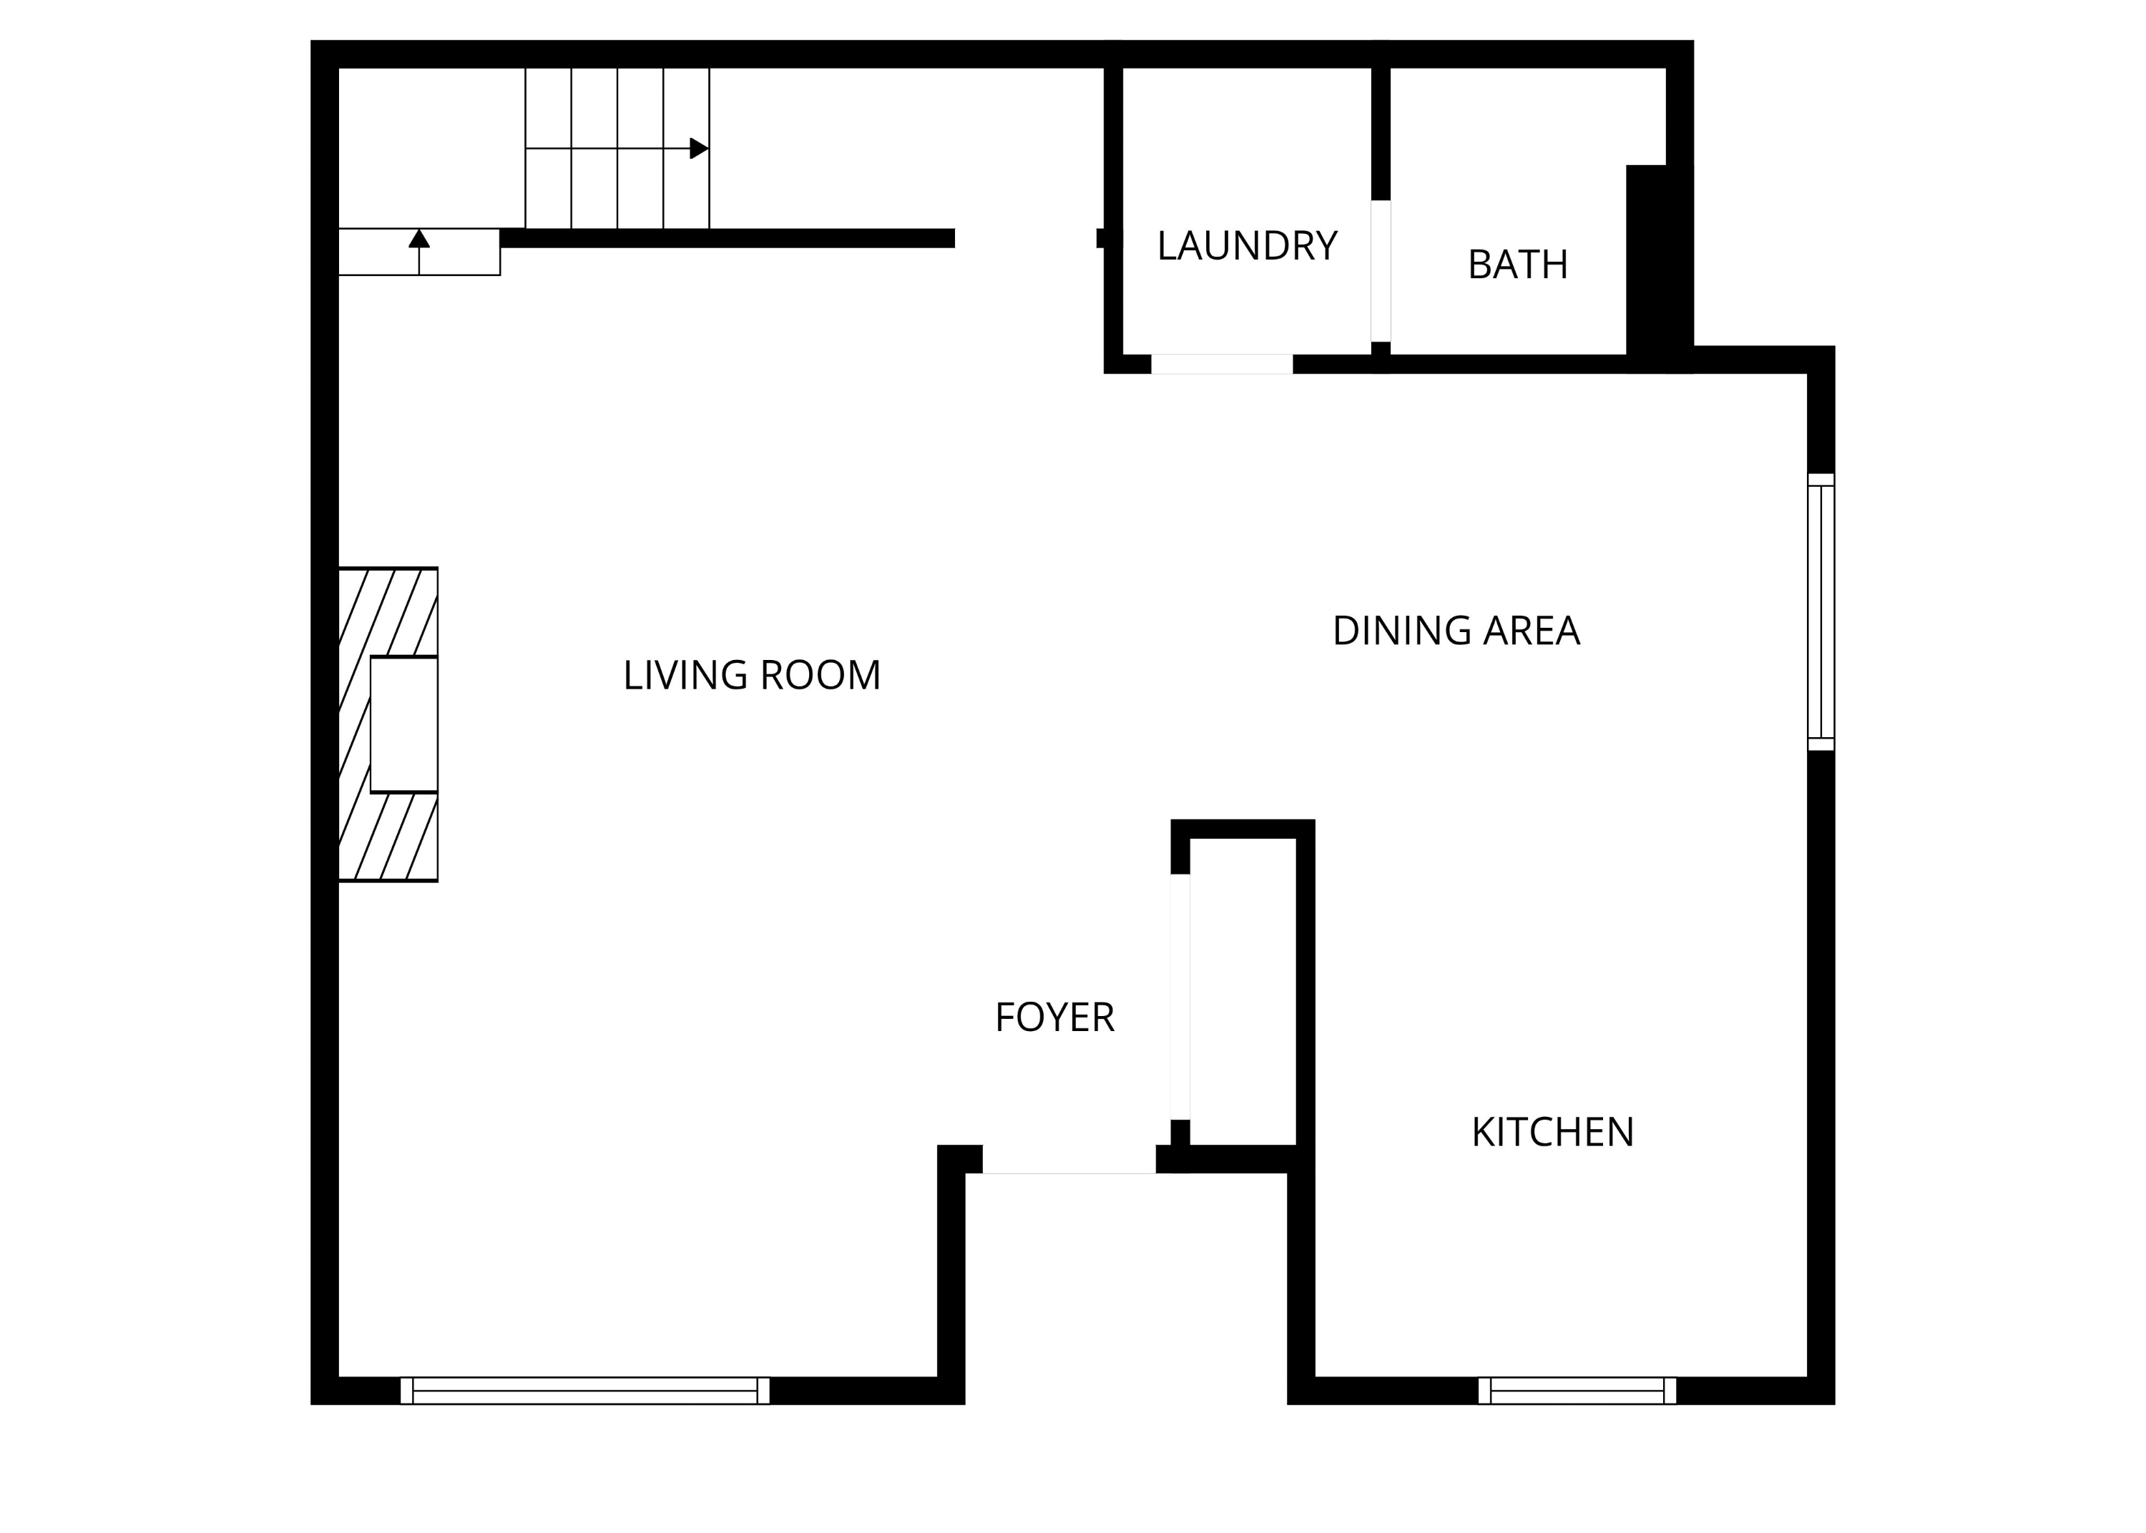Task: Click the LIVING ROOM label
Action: (x=752, y=676)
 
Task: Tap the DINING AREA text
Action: (x=1455, y=631)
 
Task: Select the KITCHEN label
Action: (x=1552, y=1133)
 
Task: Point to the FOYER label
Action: (x=1054, y=1017)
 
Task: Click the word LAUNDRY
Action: (x=1246, y=247)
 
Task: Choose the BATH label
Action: (x=1517, y=265)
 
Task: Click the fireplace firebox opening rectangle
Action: (x=403, y=724)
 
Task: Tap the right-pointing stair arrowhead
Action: (x=699, y=148)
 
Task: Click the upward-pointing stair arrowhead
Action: (x=419, y=238)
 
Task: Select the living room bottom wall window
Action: (x=584, y=1391)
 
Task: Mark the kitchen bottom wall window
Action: (x=1577, y=1391)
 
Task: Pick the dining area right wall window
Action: (x=1821, y=611)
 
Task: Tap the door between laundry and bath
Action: (x=1381, y=271)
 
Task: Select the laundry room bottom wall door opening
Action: (x=1221, y=365)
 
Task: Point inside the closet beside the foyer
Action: (x=1243, y=991)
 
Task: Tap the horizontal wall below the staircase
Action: (x=727, y=238)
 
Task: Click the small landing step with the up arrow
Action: (x=419, y=252)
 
